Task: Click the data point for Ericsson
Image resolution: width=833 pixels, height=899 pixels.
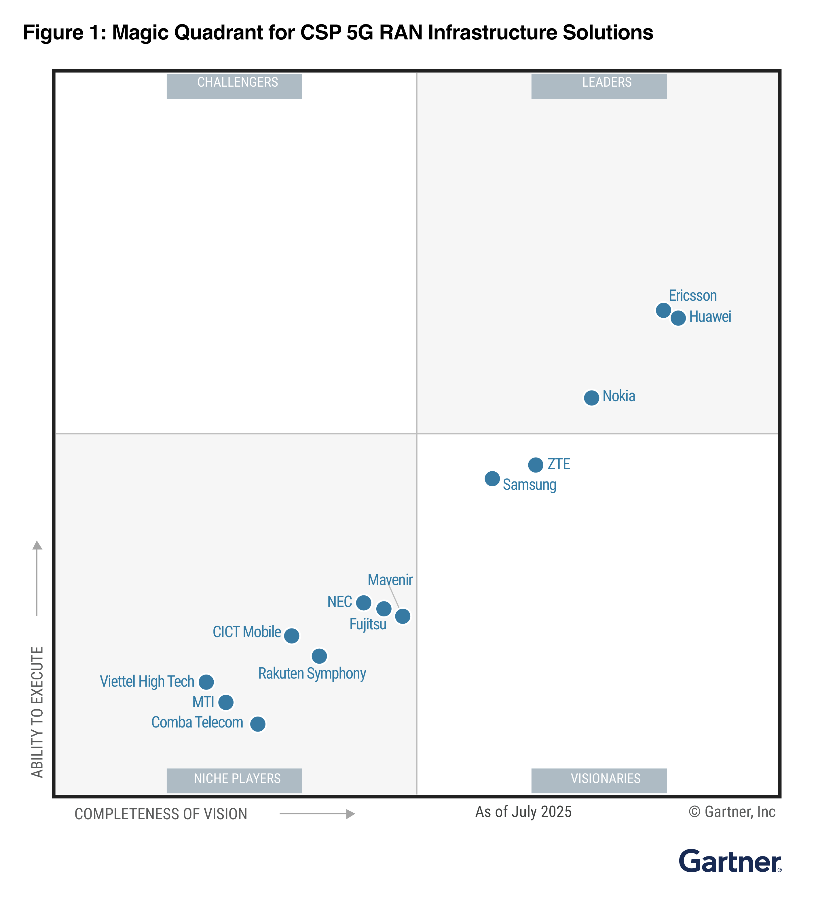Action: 663,310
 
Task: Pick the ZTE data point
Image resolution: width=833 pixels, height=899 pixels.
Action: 536,465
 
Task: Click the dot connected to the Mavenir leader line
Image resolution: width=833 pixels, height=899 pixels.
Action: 403,616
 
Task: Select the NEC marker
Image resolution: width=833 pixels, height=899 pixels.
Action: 364,603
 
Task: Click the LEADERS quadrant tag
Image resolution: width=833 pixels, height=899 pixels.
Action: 599,85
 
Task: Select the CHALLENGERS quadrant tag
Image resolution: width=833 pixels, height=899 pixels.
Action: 234,85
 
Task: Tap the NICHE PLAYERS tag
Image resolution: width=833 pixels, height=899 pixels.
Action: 234,780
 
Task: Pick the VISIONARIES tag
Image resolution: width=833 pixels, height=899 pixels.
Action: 599,780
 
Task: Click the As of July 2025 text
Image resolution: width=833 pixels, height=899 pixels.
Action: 523,812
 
